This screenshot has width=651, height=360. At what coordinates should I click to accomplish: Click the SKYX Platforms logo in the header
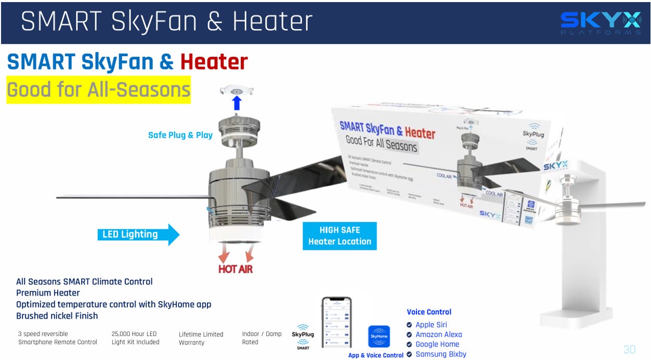pyautogui.click(x=601, y=23)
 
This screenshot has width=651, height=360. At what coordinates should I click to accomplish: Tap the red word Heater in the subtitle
pyautogui.click(x=214, y=62)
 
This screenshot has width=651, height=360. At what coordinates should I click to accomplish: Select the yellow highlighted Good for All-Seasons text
pyautogui.click(x=98, y=90)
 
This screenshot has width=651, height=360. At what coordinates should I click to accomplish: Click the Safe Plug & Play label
pyautogui.click(x=180, y=135)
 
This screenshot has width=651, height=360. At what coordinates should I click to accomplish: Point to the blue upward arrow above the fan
pyautogui.click(x=237, y=102)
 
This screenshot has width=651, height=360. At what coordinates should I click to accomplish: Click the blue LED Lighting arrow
pyautogui.click(x=138, y=235)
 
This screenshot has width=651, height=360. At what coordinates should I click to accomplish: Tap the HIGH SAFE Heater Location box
pyautogui.click(x=340, y=236)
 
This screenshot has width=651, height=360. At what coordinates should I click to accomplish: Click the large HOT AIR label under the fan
pyautogui.click(x=236, y=269)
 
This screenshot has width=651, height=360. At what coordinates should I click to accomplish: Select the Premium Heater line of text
pyautogui.click(x=48, y=293)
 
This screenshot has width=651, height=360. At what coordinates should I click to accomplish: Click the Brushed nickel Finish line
pyautogui.click(x=57, y=316)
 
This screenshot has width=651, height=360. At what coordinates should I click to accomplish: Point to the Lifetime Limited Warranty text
pyautogui.click(x=201, y=338)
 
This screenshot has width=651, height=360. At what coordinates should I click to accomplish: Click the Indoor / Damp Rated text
pyautogui.click(x=262, y=338)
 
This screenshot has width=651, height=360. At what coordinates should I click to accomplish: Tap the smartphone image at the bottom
pyautogui.click(x=336, y=322)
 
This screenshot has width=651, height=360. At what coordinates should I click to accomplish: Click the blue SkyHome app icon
pyautogui.click(x=379, y=337)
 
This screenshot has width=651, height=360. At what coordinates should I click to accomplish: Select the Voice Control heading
pyautogui.click(x=429, y=312)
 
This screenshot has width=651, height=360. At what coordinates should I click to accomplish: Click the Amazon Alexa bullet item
pyautogui.click(x=438, y=335)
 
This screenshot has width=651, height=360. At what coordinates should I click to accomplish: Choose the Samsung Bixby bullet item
pyautogui.click(x=440, y=354)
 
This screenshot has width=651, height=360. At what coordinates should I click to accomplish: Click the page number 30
pyautogui.click(x=629, y=349)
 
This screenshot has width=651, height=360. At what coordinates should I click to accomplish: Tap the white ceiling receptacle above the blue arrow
pyautogui.click(x=237, y=89)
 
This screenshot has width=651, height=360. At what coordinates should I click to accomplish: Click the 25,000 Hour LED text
pyautogui.click(x=134, y=334)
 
